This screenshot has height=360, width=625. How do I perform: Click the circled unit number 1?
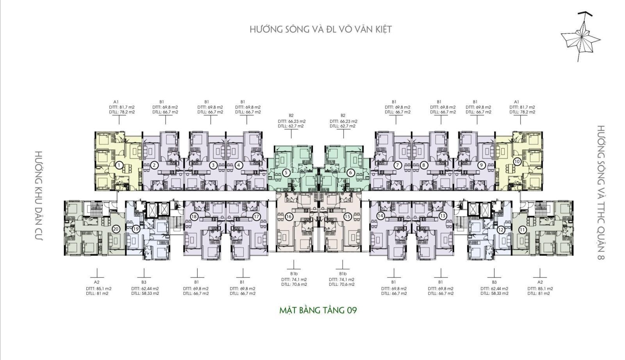pyautogui.click(x=119, y=166)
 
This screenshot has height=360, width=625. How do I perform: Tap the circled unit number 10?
pyautogui.click(x=517, y=162)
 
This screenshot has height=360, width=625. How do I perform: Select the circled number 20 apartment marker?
pyautogui.click(x=116, y=229)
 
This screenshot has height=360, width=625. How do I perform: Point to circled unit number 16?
pyautogui.click(x=289, y=216)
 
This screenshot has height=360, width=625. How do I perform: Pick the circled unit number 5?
pyautogui.click(x=286, y=173)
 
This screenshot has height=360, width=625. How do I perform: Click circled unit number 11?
pyautogui.click(x=522, y=230)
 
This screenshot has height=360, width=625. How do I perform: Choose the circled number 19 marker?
pyautogui.click(x=136, y=229)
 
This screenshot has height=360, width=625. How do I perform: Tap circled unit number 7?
pyautogui.click(x=398, y=165)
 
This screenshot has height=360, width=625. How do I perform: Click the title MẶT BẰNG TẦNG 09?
pyautogui.click(x=318, y=310)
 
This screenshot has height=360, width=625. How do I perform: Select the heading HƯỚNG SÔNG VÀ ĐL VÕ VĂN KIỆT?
pyautogui.click(x=321, y=29)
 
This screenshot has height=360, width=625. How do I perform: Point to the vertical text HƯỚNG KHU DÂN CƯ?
pyautogui.click(x=39, y=196)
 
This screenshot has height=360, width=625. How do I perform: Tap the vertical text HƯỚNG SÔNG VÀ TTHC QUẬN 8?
pyautogui.click(x=601, y=192)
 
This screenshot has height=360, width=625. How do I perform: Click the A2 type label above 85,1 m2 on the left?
pyautogui.click(x=96, y=282)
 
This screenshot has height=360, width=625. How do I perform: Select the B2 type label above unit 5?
pyautogui.click(x=291, y=116)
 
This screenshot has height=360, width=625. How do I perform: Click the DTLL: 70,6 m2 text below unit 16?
pyautogui.click(x=294, y=284)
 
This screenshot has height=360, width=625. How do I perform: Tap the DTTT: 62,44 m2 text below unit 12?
pyautogui.click(x=494, y=289)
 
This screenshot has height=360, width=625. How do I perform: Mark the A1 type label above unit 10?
pyautogui.click(x=516, y=102)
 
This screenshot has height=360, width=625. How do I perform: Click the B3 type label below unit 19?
pyautogui.click(x=144, y=282)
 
